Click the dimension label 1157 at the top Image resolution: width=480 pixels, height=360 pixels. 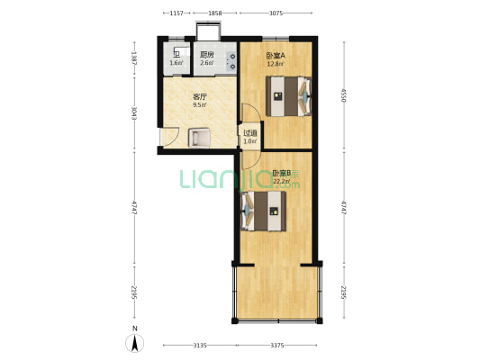point(177,13)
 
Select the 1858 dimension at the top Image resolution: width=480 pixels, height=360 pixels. point(215,13)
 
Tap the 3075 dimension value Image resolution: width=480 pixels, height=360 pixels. point(276,13)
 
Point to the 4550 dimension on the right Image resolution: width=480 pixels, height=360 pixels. point(343,95)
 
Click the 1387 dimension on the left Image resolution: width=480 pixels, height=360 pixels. point(134,58)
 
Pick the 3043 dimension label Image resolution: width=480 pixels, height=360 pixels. point(134,113)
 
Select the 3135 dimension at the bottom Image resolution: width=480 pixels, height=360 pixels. point(200,346)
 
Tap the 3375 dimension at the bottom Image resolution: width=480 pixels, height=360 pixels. point(277,346)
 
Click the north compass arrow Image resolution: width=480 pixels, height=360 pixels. point(134,343)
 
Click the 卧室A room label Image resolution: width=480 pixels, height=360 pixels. point(276,56)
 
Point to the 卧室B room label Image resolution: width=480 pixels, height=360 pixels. point(282,173)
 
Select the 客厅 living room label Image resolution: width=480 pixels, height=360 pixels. point(200,97)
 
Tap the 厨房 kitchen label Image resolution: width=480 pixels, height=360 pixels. point(207,55)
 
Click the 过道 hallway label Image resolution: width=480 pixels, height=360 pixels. point(250,133)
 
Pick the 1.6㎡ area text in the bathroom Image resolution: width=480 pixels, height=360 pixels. point(177,63)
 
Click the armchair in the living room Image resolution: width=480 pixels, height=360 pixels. point(199,138)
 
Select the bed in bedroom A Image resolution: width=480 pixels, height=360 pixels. point(288,96)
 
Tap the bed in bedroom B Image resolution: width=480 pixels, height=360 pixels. point(264,211)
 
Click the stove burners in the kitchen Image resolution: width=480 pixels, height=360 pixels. point(232,61)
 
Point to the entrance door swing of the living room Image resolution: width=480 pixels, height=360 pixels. point(170,137)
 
